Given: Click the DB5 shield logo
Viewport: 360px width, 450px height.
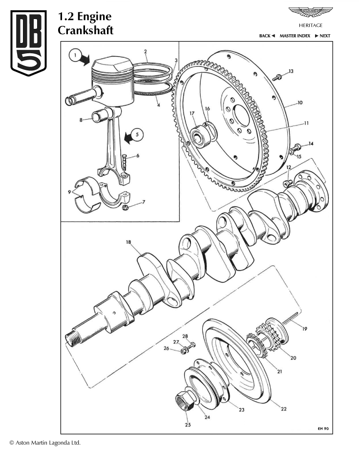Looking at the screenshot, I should click(29, 43).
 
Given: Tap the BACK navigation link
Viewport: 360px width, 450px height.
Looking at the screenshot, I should click(267, 36).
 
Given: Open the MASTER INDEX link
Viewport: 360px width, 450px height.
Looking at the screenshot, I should click(295, 36).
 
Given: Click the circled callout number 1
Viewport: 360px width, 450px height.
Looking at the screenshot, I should click(75, 56).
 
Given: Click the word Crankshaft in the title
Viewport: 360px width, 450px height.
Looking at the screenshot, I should click(85, 30).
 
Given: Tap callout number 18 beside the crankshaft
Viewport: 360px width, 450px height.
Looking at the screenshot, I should click(128, 242).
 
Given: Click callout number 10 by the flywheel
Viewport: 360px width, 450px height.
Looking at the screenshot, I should click(300, 103).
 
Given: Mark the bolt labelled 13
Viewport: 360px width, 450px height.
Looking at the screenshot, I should click(277, 76).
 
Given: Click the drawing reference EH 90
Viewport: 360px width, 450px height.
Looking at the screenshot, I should click(323, 428).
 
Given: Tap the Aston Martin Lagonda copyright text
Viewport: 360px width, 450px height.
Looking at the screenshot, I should click(44, 443).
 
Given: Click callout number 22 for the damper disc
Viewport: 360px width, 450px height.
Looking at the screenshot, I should click(284, 408).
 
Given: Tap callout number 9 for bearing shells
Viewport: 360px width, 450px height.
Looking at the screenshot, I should click(69, 192).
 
